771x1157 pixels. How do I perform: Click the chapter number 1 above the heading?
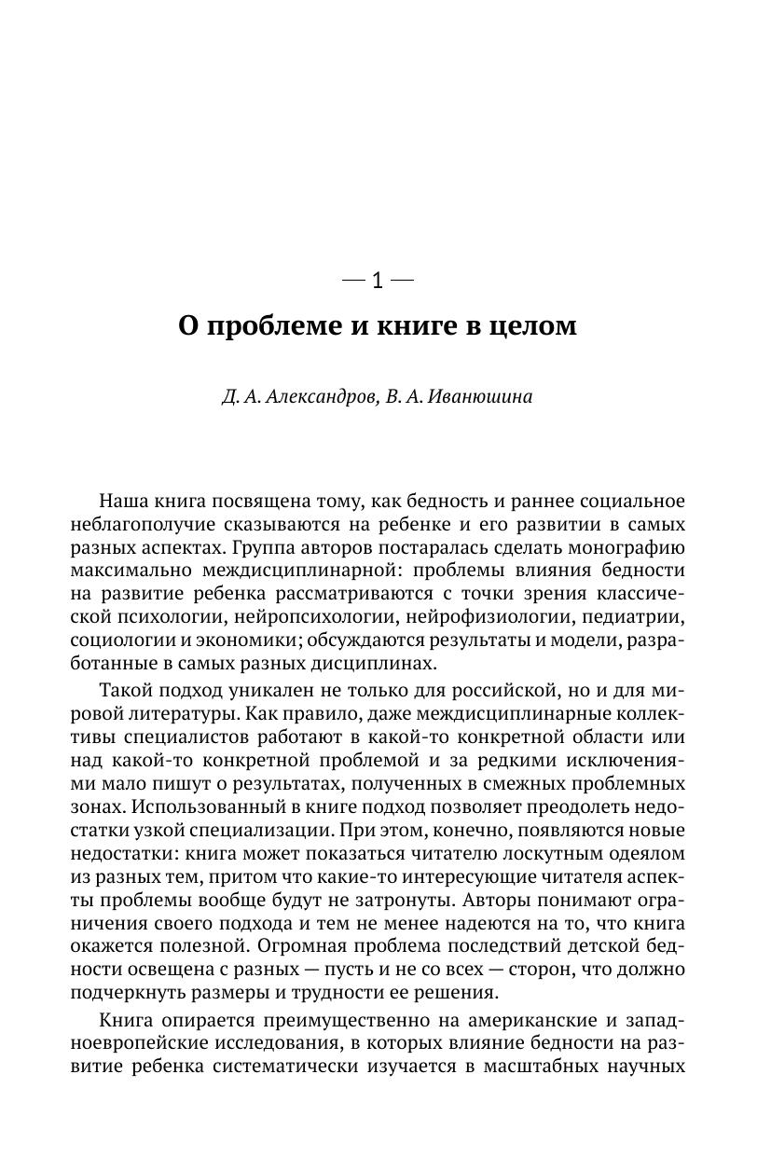(377, 281)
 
